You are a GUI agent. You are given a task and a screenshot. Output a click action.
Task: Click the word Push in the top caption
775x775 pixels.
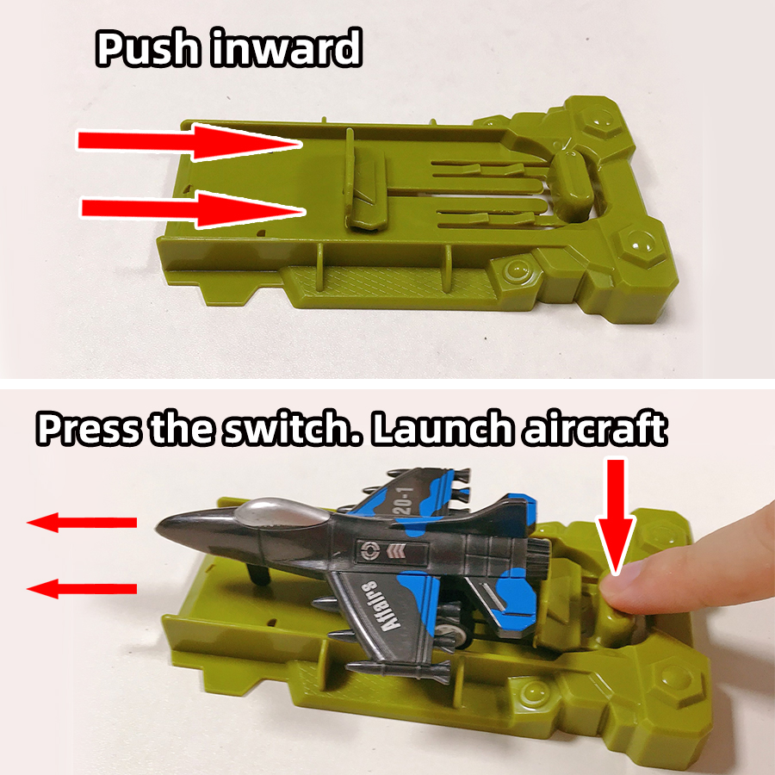[x=148, y=47]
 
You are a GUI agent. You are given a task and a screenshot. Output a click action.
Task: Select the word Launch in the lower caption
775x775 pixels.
[x=443, y=428]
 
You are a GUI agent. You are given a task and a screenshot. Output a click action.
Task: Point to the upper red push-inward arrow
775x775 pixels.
[x=189, y=142]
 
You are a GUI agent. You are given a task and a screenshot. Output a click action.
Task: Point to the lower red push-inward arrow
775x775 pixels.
[x=194, y=209]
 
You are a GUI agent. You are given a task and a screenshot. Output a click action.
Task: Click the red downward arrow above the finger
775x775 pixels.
[x=616, y=517]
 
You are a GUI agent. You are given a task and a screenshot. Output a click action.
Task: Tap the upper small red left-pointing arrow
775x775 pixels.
[x=82, y=523]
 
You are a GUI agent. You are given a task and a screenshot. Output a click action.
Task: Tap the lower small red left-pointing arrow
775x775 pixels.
[x=82, y=589]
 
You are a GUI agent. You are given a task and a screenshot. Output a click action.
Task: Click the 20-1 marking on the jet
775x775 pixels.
[x=405, y=500]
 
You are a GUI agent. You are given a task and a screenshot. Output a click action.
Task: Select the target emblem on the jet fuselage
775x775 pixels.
[x=369, y=550]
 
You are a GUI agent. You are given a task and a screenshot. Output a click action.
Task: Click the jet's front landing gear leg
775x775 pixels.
[x=260, y=573]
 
